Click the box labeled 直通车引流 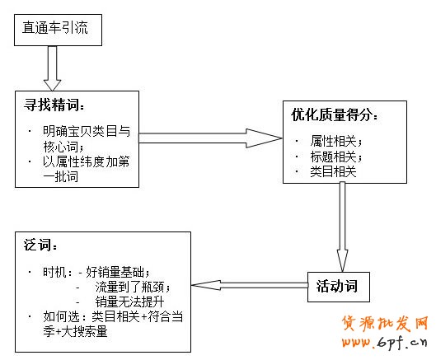point(59,30)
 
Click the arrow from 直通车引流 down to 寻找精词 point(54,68)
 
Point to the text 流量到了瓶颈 point(133,287)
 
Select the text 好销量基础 point(115,271)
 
